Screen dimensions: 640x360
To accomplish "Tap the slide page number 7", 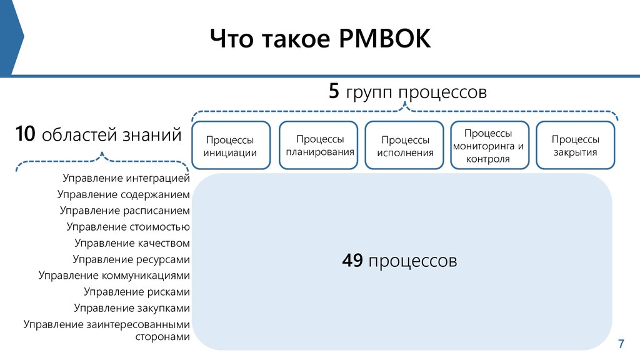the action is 621,344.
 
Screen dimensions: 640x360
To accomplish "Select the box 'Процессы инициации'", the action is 231,146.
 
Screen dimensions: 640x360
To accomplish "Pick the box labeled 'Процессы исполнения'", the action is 405,146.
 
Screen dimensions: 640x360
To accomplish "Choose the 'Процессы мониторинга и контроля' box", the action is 489,146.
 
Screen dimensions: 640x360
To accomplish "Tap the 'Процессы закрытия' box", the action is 575,146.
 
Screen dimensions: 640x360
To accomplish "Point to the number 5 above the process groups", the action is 334,92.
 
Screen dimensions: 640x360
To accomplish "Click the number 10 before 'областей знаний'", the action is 25,134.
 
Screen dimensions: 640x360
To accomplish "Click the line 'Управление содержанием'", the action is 124,194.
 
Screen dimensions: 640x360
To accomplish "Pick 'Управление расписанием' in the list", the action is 125,211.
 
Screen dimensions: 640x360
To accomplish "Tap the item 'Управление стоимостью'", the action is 128,227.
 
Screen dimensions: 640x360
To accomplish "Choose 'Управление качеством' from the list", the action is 132,243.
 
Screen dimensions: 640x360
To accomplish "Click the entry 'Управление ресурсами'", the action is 131,259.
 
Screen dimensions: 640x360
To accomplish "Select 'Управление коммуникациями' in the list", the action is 114,276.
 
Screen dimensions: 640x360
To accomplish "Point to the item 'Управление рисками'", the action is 137,292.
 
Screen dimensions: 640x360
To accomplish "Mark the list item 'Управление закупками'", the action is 132,308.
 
